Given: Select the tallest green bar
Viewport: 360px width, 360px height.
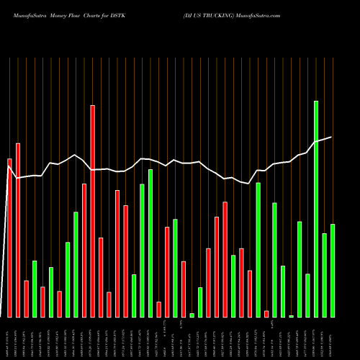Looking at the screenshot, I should click(x=316, y=209).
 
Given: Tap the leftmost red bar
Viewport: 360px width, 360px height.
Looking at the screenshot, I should click(x=9, y=238).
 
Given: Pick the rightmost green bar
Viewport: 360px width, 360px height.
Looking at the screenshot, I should click(x=333, y=270).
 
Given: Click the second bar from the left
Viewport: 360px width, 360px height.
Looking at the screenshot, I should click(x=18, y=230).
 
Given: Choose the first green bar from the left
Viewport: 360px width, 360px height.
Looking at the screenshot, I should click(x=35, y=289).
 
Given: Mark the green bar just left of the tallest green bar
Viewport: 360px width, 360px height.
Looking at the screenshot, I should click(x=307, y=295).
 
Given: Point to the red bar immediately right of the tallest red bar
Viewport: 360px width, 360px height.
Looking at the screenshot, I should click(x=101, y=277).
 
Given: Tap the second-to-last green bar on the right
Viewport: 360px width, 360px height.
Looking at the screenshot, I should click(x=324, y=275).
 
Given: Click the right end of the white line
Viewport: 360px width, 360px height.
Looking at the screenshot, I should click(x=331, y=137).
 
